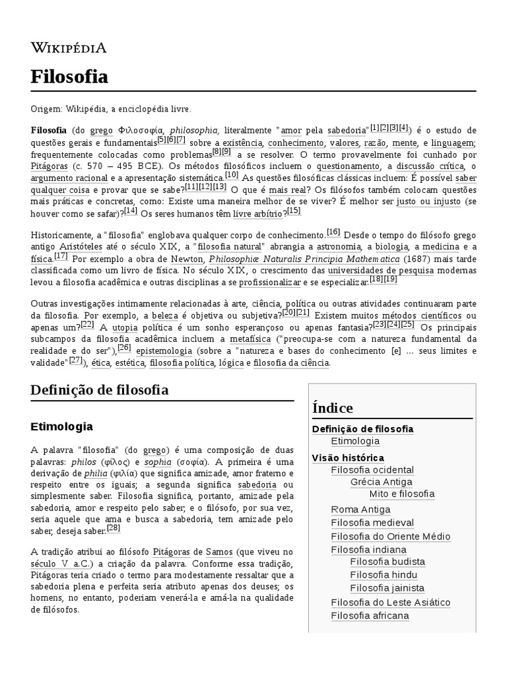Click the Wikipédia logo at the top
[x=69, y=48]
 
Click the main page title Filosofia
[x=69, y=77]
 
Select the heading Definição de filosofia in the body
[x=99, y=390]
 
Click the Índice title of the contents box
[x=334, y=407]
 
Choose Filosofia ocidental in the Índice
[x=372, y=470]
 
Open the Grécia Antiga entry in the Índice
[x=381, y=482]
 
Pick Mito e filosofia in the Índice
[x=402, y=494]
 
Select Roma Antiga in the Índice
[x=360, y=510]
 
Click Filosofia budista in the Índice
[x=388, y=562]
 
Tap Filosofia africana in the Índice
[x=370, y=616]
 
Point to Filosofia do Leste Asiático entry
[x=390, y=602]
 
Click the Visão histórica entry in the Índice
[x=348, y=457]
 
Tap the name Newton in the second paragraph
[x=187, y=258]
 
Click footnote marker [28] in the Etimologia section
[x=114, y=528]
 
